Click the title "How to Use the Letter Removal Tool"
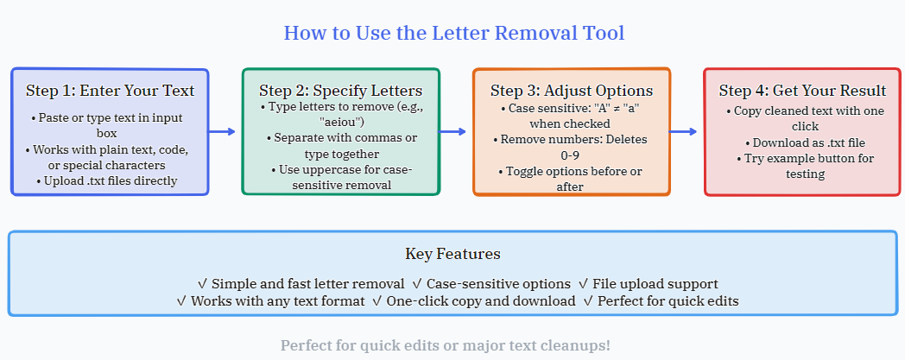point(453,34)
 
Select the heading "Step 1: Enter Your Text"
point(110,91)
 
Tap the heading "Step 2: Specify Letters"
point(340,91)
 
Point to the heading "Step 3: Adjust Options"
point(572,91)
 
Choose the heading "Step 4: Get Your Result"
point(802,91)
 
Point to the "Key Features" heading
point(452,254)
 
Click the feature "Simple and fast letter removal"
point(307,283)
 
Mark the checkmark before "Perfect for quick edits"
point(588,300)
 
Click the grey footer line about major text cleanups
point(446,345)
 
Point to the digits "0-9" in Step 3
point(572,155)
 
